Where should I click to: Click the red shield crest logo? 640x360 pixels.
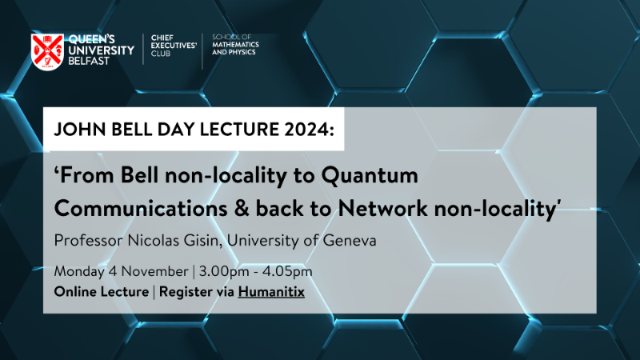(47, 52)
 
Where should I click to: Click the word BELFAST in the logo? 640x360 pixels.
(89, 61)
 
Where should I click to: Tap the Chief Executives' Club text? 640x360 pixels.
(174, 46)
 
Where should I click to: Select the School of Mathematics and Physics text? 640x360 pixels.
(235, 45)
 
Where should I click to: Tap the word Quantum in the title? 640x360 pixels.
(370, 175)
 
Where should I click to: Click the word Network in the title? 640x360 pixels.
(383, 208)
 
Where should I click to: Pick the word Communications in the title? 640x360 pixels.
(141, 208)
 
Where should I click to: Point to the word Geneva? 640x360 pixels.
(350, 240)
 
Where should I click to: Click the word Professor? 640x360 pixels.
(88, 240)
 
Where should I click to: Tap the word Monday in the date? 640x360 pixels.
(80, 271)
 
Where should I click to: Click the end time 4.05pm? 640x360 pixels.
(287, 271)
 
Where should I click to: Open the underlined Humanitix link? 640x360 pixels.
(271, 292)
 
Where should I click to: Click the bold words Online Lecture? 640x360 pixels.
(102, 292)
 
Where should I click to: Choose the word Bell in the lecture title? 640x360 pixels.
(139, 175)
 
